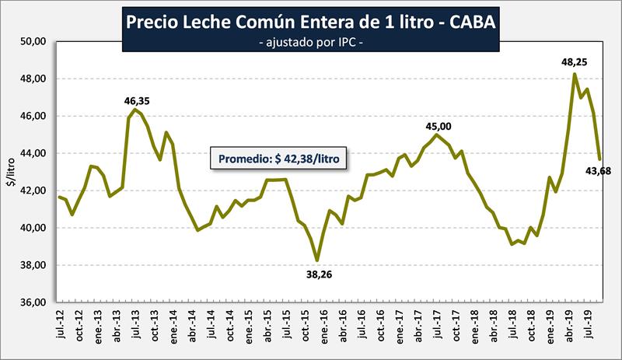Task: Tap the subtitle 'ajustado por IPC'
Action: tap(311, 44)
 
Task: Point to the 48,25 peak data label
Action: tap(574, 61)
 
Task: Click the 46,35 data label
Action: tap(140, 100)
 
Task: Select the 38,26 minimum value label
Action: tap(317, 273)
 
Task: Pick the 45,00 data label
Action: tap(438, 126)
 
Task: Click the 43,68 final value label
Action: tap(599, 171)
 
